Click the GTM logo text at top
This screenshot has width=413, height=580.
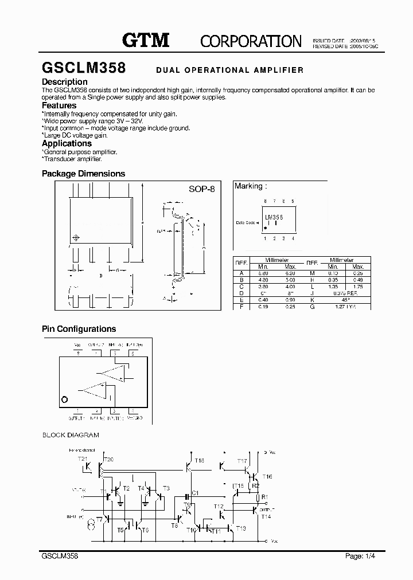(146, 40)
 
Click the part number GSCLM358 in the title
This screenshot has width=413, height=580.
(84, 68)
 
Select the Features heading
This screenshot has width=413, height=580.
(59, 105)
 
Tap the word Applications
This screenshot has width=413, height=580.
(67, 143)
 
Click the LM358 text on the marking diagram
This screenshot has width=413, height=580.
(274, 217)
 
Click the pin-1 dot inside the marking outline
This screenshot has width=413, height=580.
(265, 228)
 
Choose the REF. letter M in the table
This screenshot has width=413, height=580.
(312, 273)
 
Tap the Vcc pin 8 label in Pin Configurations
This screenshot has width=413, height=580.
(77, 345)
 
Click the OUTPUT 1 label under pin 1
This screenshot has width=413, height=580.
(77, 418)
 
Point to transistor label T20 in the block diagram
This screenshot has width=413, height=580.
(108, 460)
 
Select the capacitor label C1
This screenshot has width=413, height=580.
(195, 493)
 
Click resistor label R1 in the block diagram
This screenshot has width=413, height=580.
(264, 496)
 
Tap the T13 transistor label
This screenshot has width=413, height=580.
(241, 528)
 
